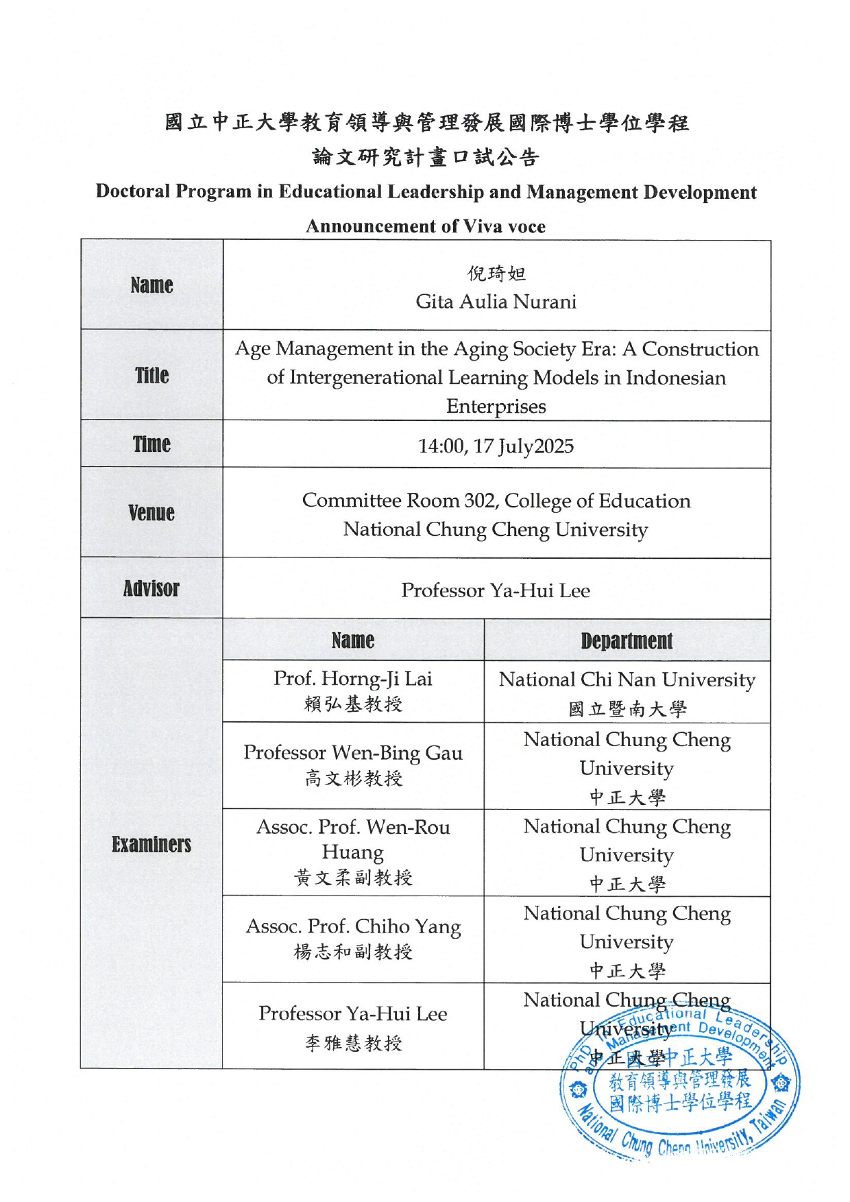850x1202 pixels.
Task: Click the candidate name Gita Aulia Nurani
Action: (x=496, y=302)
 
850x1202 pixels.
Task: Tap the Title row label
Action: (x=151, y=375)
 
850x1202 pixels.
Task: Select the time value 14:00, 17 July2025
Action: (x=496, y=446)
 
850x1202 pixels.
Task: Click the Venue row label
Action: (x=151, y=512)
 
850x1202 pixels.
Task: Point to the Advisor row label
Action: (x=151, y=588)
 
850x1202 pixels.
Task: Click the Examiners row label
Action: (x=151, y=844)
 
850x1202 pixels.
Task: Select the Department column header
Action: (x=627, y=640)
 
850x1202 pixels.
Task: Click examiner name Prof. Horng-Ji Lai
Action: (x=353, y=679)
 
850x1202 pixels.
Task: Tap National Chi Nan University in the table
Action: (x=627, y=680)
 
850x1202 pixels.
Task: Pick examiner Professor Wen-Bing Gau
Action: (x=353, y=753)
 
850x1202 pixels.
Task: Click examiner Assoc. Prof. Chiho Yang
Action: (x=353, y=926)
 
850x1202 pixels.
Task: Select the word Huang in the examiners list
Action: (x=353, y=852)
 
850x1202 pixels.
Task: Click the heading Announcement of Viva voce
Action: (x=426, y=226)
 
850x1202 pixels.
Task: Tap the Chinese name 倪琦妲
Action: (x=496, y=274)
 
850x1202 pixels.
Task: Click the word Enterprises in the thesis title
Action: (x=496, y=406)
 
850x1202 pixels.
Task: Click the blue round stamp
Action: (x=680, y=1083)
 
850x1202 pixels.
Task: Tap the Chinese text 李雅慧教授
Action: (x=353, y=1043)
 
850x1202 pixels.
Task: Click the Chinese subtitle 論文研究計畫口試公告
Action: (x=426, y=157)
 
